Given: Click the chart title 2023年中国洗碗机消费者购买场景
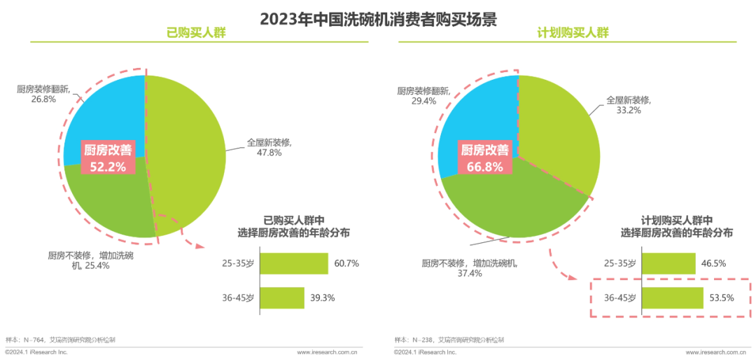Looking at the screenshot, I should coord(378,19).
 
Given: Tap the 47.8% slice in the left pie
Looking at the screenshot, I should coord(189,140).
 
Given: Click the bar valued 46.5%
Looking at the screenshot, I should coord(668,264).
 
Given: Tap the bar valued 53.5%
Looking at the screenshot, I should coord(672,298).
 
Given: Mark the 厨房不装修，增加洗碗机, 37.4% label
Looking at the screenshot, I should coord(469,268).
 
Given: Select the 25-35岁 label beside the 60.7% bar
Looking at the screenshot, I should coord(238,264).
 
